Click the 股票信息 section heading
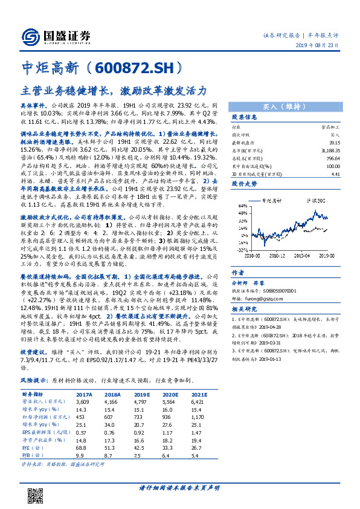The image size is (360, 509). pos(245,117)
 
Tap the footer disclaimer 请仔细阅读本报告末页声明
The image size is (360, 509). pos(179,487)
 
